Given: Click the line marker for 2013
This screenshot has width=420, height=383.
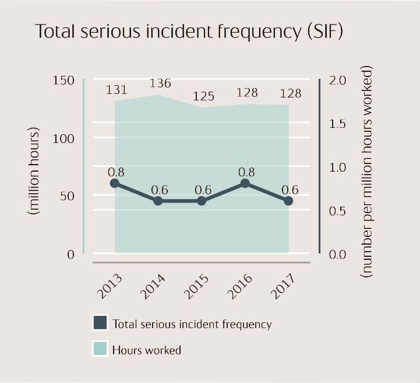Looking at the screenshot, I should click(x=115, y=183).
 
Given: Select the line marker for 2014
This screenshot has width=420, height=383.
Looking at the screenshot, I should click(x=158, y=201).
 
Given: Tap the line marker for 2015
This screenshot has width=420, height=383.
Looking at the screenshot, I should click(x=202, y=201).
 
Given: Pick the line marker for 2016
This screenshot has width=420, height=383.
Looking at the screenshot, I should click(x=245, y=183).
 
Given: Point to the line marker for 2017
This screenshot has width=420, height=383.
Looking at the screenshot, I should click(x=288, y=201).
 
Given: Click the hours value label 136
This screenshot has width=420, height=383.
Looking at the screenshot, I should click(x=160, y=83).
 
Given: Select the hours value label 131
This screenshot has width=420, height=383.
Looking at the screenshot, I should click(x=117, y=90).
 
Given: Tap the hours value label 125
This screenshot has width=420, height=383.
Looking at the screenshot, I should click(x=204, y=96).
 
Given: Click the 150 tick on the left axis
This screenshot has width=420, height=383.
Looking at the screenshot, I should click(x=63, y=81).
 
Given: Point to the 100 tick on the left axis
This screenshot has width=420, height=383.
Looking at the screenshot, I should click(x=63, y=138).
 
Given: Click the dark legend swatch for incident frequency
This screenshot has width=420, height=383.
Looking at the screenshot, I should click(x=100, y=323).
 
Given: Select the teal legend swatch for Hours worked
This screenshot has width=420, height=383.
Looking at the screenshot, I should click(x=100, y=350).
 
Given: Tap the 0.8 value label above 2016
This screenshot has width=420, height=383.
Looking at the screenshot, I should click(x=247, y=172).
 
